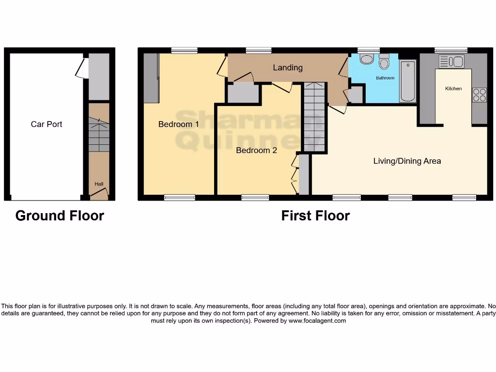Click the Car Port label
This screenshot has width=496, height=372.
click(46, 124)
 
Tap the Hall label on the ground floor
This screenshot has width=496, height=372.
click(99, 184)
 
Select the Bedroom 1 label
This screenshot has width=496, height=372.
click(179, 124)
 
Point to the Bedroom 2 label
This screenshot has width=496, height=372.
click(256, 150)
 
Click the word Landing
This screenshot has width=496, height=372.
click(288, 67)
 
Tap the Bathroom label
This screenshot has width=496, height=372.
click(386, 77)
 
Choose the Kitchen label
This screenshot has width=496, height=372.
click(453, 89)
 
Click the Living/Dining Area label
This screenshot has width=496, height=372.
click(407, 161)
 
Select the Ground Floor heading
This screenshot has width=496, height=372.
click(60, 216)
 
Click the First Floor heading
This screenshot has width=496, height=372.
click(315, 216)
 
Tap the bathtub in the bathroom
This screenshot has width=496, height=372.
click(408, 81)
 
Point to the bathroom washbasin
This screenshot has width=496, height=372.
click(366, 60)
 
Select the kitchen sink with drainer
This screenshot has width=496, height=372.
click(451, 62)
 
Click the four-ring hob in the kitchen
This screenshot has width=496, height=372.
click(479, 94)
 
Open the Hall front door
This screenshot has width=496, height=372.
click(99, 195)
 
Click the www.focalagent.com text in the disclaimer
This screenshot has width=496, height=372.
click(317, 321)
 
